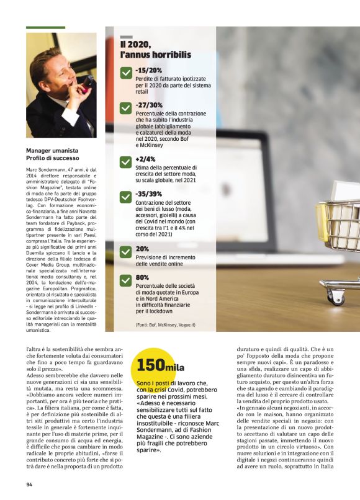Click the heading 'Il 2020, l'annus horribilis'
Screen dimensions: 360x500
pos(155,50)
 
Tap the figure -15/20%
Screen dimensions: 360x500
pos(148,71)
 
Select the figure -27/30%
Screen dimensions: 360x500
pos(149,105)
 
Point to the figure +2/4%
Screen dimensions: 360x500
pos(146,159)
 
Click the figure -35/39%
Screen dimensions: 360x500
pos(149,194)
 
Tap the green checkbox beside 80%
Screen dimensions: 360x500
pos(126,280)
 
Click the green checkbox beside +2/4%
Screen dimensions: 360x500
pos(126,163)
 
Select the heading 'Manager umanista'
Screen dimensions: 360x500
pos(52,150)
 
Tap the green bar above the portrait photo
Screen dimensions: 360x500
pos(46,28)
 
